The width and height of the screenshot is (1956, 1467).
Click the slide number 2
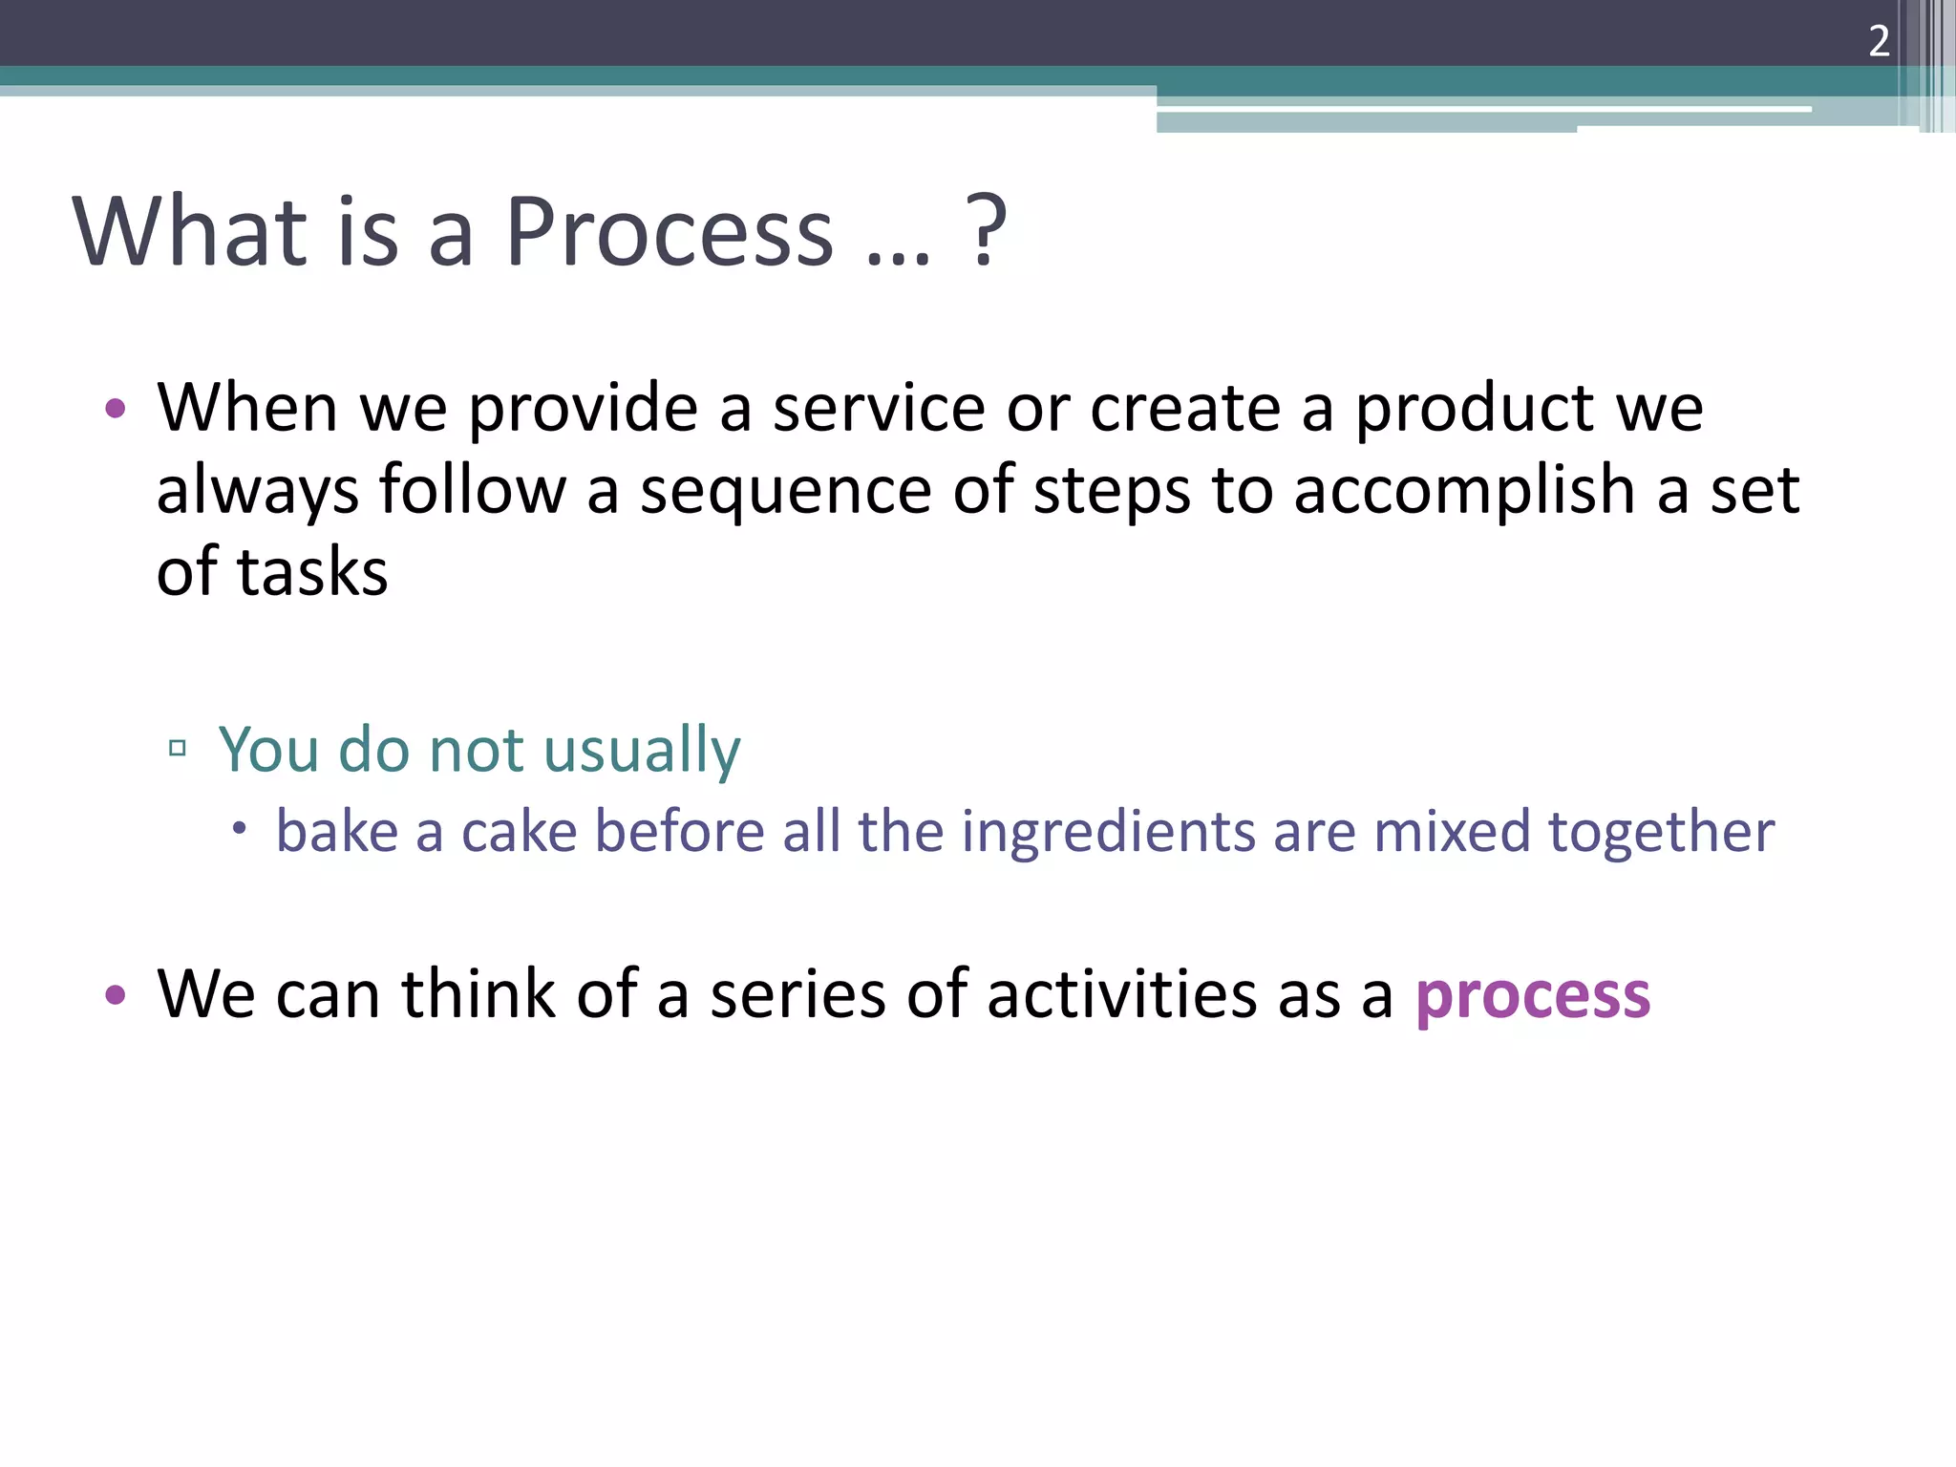coord(1879,41)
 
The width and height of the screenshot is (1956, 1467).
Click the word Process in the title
coord(669,231)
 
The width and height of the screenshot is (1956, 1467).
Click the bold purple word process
coord(1532,996)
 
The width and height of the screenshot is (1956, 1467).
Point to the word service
coord(878,408)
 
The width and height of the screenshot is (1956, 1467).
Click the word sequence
coord(785,491)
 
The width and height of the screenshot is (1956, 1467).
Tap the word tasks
coord(312,572)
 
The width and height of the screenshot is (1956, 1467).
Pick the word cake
coord(519,831)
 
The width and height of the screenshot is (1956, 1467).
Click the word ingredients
coord(1107,831)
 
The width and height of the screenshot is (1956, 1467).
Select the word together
coord(1661,831)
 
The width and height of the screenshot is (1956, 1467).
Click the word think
coord(478,994)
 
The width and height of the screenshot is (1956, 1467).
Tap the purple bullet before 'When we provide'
coord(116,410)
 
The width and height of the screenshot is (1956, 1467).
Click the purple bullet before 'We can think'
coord(116,996)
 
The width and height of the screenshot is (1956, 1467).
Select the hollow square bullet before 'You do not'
coord(177,748)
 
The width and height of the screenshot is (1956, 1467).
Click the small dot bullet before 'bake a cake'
coord(239,828)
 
